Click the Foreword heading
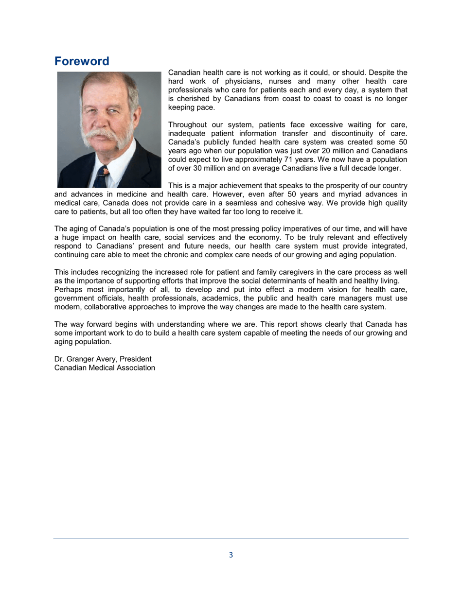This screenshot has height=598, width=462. (81, 62)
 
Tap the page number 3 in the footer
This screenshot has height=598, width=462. (231, 555)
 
